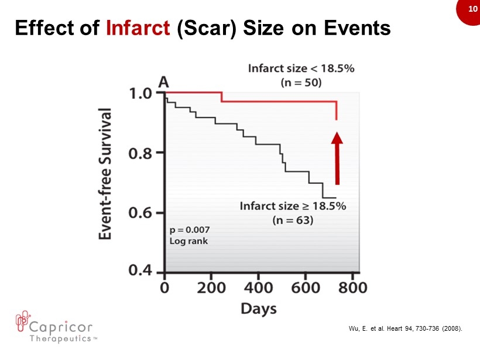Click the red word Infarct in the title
coord(135,28)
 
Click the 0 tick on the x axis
coord(164,289)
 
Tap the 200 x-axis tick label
coord(211,289)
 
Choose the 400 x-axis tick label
coord(258,289)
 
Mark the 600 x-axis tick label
coord(305,289)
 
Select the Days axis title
coord(259,308)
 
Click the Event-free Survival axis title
coord(107,174)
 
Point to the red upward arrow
coord(337,158)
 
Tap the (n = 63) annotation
coord(293,221)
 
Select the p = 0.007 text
coord(190,229)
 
